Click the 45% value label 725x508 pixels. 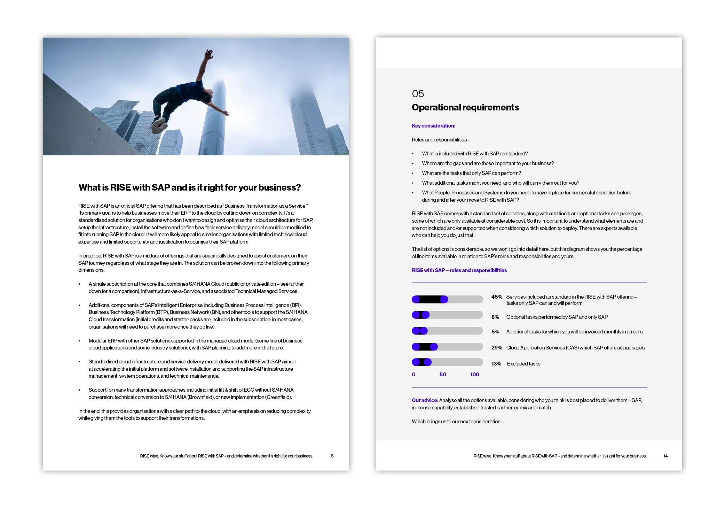click(496, 297)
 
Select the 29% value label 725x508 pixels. click(496, 348)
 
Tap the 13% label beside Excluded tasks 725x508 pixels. click(496, 364)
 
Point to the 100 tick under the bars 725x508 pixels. click(474, 375)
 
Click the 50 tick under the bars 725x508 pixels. click(442, 375)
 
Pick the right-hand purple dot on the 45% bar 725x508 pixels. click(444, 299)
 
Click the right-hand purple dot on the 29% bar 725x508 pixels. click(434, 347)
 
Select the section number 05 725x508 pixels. click(418, 94)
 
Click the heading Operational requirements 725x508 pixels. click(465, 107)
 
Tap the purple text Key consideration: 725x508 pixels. click(433, 126)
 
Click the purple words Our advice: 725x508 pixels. click(425, 400)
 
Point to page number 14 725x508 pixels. click(665, 456)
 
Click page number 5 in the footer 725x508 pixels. click(332, 456)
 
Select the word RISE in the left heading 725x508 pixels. click(120, 187)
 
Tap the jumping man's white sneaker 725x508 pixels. click(158, 124)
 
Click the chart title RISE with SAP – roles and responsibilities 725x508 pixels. click(459, 270)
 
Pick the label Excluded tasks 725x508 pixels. click(523, 364)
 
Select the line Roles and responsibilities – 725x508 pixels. click(441, 140)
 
